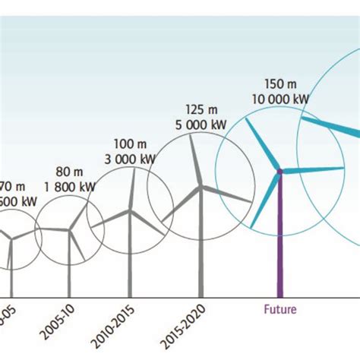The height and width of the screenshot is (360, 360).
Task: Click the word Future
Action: click(x=279, y=309)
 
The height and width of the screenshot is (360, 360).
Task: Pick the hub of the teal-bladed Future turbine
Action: click(x=279, y=172)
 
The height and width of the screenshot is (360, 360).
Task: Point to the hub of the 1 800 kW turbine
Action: click(x=70, y=229)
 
